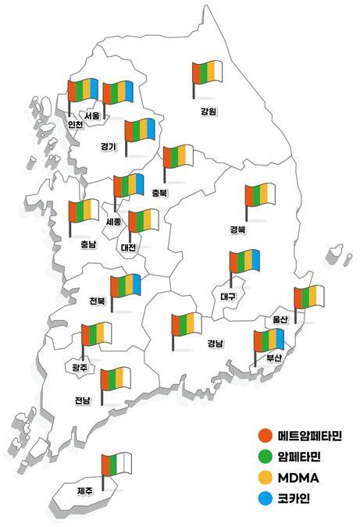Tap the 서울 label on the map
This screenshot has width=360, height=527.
[x=92, y=116]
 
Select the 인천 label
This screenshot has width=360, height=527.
[x=76, y=124]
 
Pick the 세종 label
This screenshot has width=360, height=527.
[x=113, y=222]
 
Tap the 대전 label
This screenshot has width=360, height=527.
[x=128, y=247]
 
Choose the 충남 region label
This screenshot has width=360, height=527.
[x=88, y=244]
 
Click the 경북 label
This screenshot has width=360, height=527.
[x=237, y=230]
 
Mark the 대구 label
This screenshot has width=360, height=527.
[x=228, y=296]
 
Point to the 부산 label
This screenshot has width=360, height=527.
[x=273, y=358]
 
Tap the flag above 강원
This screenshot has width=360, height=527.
[x=208, y=75]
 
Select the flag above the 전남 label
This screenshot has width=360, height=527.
[x=116, y=381]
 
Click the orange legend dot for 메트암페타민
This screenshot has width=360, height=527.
[x=266, y=436]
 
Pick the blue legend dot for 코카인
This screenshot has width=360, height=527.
[x=266, y=497]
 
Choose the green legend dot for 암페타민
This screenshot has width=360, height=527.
[x=266, y=456]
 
